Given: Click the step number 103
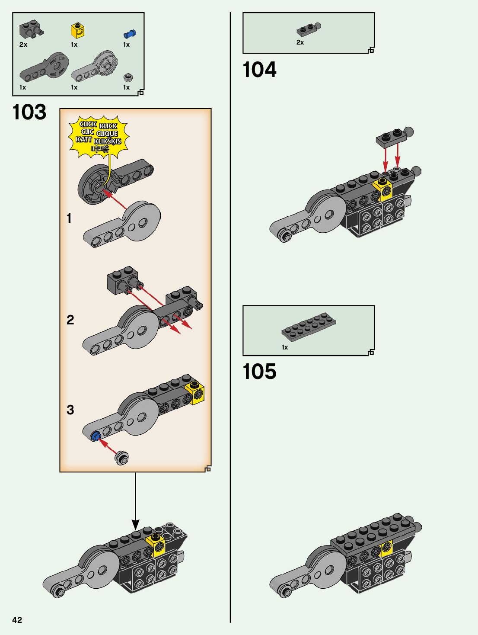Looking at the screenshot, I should point(29,112).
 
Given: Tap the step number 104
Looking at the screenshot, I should point(259,70).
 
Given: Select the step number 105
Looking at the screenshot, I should point(259,372).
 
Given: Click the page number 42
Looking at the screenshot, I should point(17,620).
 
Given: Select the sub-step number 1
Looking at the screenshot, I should point(69,218).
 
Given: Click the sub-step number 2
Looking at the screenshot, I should point(70,320).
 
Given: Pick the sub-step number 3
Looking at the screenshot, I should point(70,410).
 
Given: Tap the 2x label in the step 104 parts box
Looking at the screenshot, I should point(300,42).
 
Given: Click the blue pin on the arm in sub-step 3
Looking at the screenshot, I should point(95,436).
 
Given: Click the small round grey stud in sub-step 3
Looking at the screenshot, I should point(122,458).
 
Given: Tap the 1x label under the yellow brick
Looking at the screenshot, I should point(74,45).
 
